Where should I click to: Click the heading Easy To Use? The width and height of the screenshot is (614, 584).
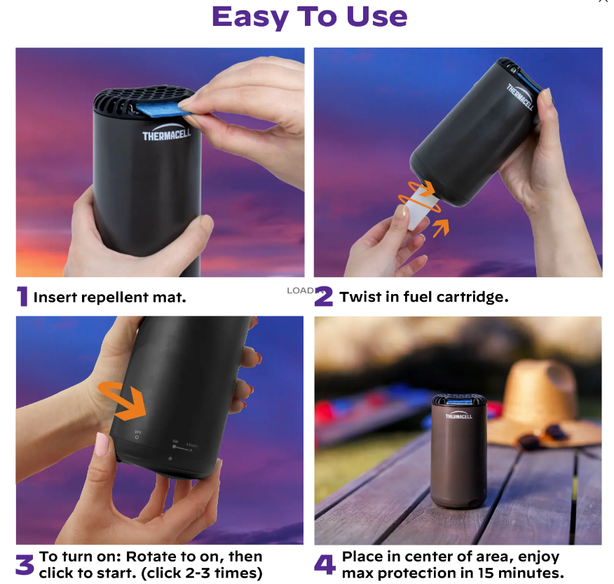tap(309, 17)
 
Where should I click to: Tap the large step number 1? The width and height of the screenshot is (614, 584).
tap(22, 297)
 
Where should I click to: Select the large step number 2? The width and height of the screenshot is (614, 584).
tap(323, 297)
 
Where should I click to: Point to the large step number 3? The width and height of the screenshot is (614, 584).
tap(25, 564)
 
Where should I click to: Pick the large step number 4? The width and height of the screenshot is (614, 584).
tap(325, 564)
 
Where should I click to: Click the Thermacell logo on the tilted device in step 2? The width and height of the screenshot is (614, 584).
tap(520, 97)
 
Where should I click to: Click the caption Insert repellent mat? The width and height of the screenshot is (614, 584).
tap(110, 297)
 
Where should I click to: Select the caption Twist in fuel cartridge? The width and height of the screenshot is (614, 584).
tap(424, 297)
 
